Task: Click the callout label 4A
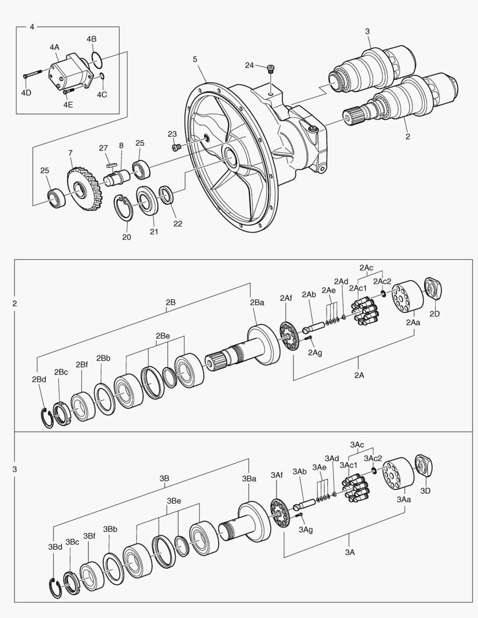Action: tap(54, 47)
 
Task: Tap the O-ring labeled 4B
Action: tap(96, 59)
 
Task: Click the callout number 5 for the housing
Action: tap(195, 59)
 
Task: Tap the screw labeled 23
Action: tap(176, 148)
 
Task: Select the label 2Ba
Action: tap(257, 302)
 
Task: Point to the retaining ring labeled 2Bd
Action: tap(48, 418)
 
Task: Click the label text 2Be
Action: tap(163, 336)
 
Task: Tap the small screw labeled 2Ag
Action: tap(308, 337)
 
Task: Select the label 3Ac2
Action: tap(373, 458)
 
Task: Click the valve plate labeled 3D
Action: tap(424, 468)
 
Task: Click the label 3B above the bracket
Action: tap(164, 478)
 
